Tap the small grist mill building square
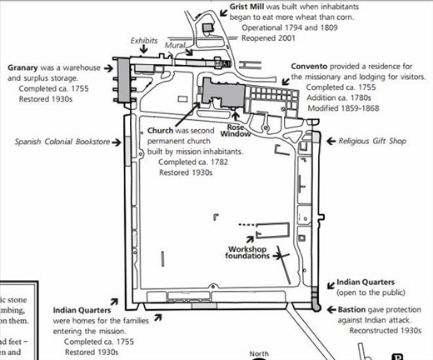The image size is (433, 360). coord(207,27)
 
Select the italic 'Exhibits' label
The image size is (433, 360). coord(144,39)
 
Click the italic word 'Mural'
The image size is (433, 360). coord(177,47)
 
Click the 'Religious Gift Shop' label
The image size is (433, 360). coord(372,142)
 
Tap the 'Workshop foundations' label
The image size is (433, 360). coord(252,252)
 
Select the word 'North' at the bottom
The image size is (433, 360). coord(261,353)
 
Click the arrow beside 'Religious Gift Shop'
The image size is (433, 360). coord(331,142)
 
